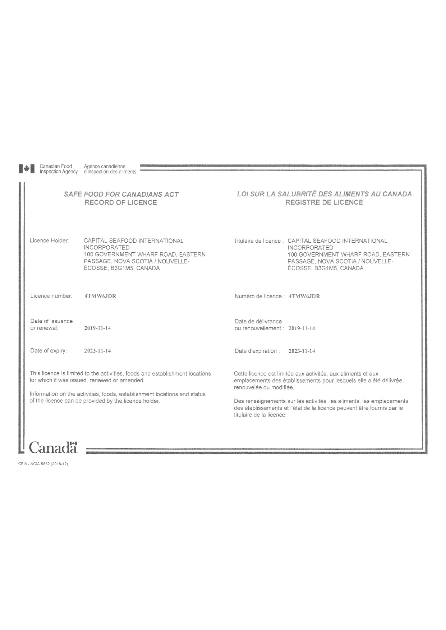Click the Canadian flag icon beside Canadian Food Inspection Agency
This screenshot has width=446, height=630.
point(27,169)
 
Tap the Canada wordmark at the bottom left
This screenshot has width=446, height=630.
point(53,447)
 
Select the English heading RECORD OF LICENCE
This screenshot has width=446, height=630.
point(121,202)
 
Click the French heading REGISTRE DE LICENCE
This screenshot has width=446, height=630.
point(324,202)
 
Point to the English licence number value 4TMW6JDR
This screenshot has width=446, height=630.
point(100,296)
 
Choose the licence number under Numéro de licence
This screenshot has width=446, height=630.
point(304,297)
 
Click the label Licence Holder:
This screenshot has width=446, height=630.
point(49,241)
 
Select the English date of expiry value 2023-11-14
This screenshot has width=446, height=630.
point(97,351)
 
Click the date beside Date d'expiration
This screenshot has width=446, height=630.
point(302,351)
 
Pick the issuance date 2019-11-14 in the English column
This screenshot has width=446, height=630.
point(97,328)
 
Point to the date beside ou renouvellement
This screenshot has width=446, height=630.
point(302,328)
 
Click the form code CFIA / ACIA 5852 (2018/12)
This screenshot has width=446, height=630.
point(43,464)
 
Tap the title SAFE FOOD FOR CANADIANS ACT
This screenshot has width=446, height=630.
point(121,194)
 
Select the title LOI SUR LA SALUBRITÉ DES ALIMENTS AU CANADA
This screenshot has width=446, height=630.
point(324,194)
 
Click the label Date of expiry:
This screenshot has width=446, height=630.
point(49,351)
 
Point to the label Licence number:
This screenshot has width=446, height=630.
point(51,296)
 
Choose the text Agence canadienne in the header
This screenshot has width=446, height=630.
point(105,166)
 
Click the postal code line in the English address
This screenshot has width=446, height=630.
point(122,268)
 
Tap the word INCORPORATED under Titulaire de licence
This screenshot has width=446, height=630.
point(311,248)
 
